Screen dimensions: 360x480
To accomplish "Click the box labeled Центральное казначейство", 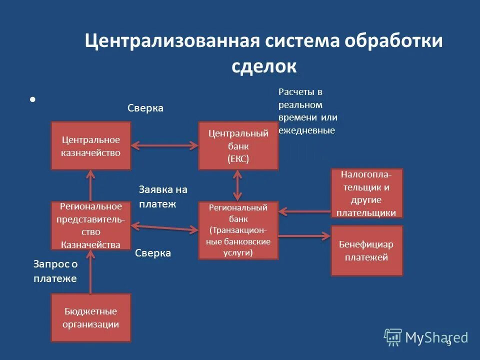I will (90, 146).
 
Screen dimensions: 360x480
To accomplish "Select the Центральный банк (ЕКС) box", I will (238, 145).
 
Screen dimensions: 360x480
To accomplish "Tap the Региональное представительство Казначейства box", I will (90, 225).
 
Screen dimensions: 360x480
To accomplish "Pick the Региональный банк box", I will (238, 230).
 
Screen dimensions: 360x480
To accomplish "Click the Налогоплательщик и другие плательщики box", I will (366, 193).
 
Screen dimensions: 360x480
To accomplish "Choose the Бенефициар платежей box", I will (366, 250).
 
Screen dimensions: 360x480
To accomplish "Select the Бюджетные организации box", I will (90, 317).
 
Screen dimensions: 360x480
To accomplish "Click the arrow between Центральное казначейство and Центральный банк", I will (164, 145).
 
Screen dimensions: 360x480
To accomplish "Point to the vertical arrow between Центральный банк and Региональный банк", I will (238, 185).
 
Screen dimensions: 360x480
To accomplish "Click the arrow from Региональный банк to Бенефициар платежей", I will (304, 235).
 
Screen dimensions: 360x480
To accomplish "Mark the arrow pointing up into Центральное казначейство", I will (90, 185).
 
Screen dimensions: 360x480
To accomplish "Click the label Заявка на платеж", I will (162, 196).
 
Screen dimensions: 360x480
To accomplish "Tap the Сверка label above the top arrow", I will (145, 108).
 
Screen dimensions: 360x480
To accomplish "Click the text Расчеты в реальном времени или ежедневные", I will (307, 111).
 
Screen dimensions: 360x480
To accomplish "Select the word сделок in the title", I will (264, 66).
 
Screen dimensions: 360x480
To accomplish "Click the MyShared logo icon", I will (393, 337).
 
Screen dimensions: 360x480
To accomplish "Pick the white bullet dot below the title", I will (32, 99).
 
